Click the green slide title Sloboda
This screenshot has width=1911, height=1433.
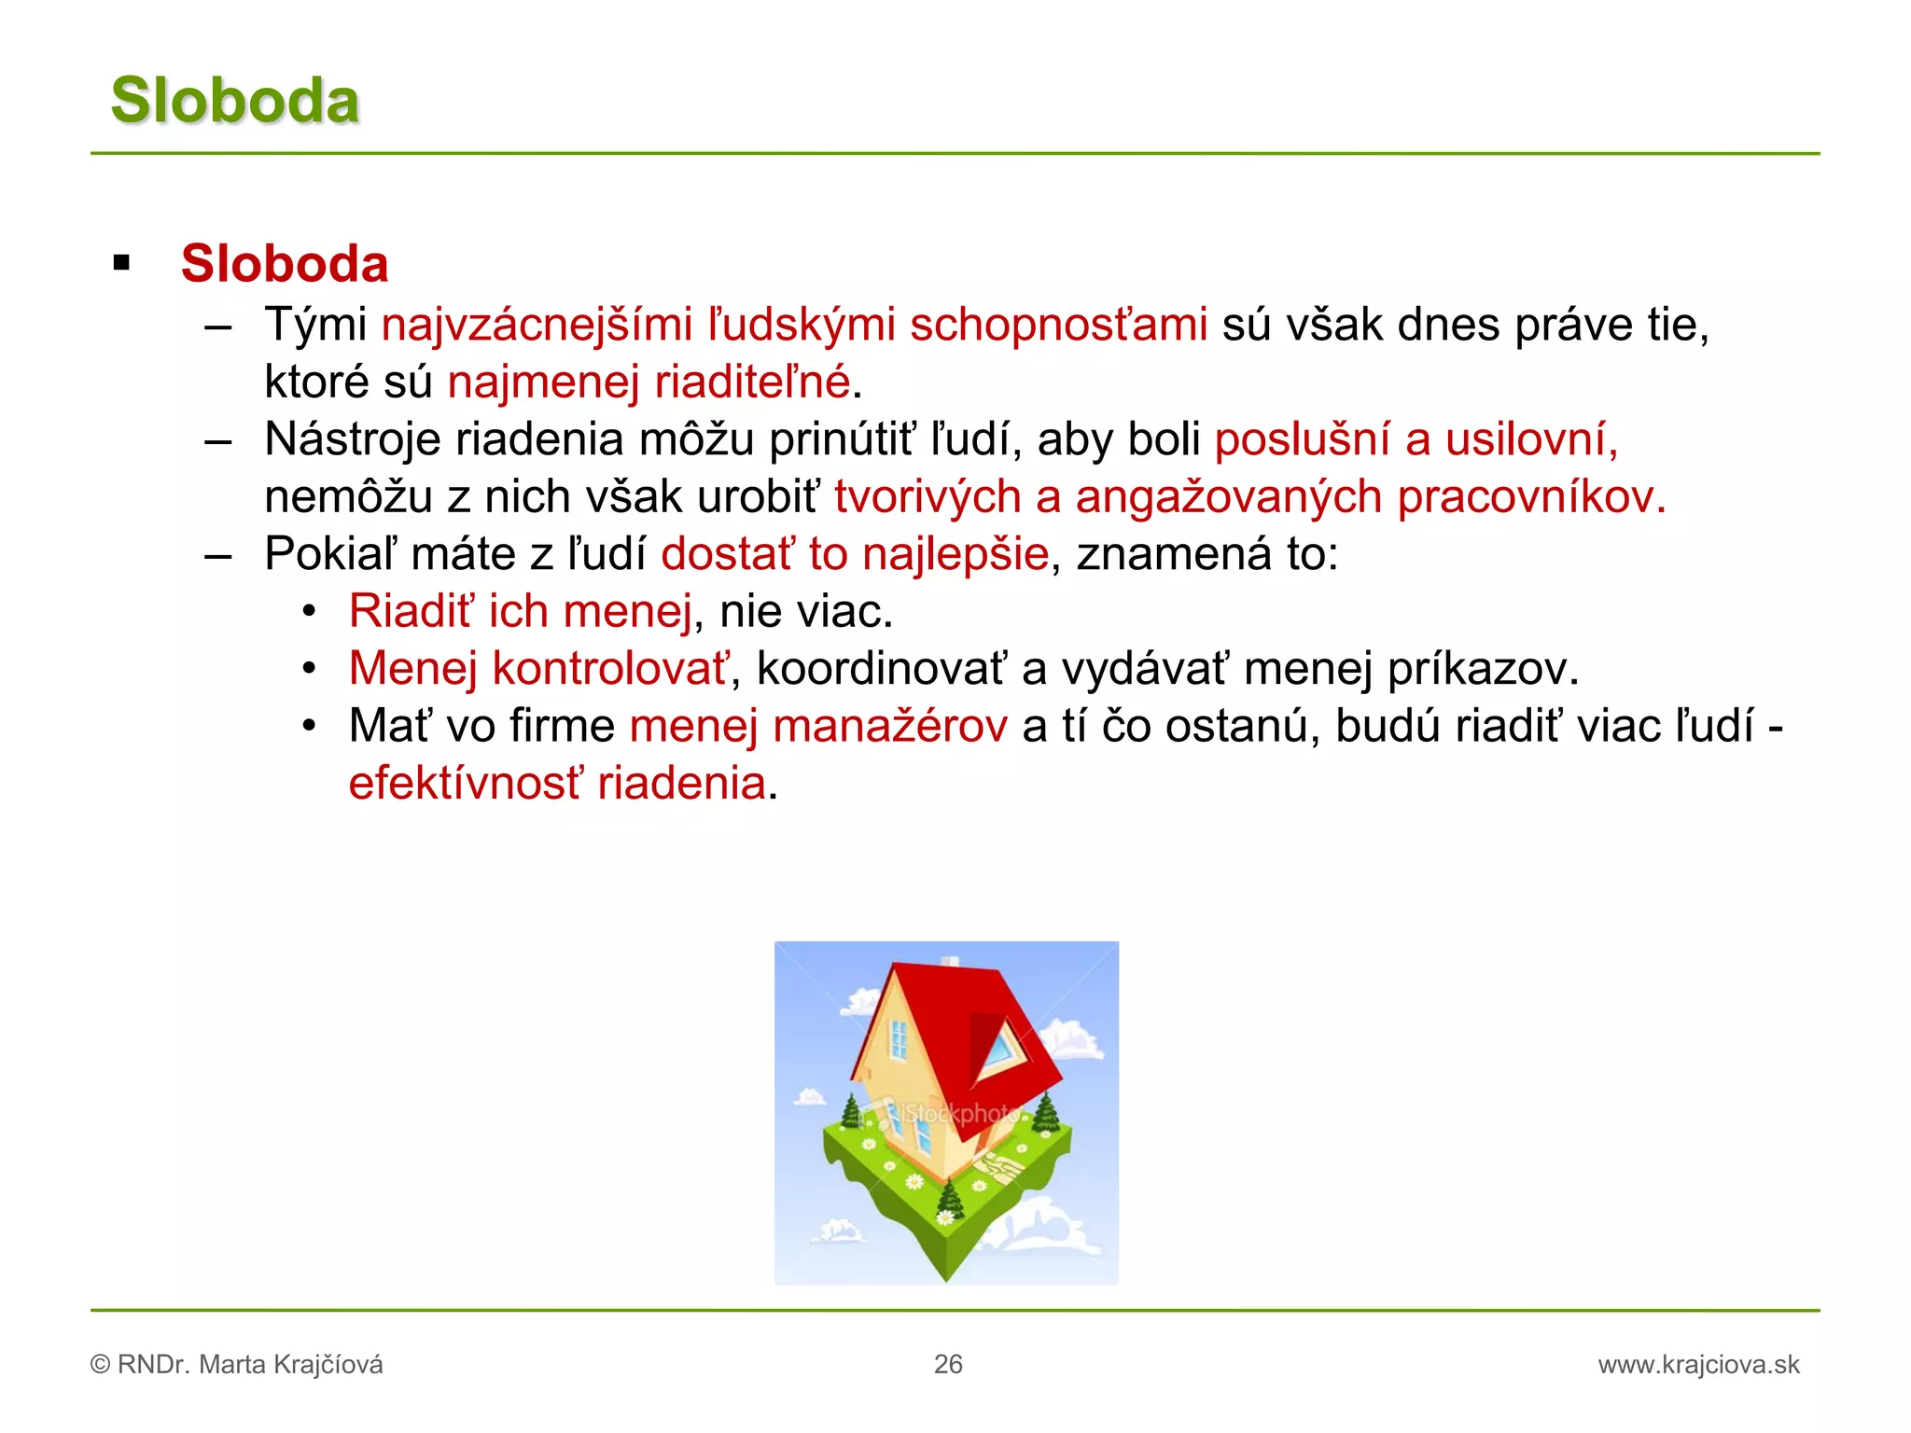[234, 100]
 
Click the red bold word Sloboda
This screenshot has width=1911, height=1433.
[285, 263]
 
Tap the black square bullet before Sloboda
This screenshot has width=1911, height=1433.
[121, 263]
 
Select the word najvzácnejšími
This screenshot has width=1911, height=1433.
[537, 325]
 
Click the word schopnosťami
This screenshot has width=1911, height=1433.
[1058, 325]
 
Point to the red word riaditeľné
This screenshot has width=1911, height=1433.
[752, 382]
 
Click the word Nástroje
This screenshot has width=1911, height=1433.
[352, 438]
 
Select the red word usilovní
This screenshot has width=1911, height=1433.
[1530, 438]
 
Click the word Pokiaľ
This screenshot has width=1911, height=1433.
[330, 553]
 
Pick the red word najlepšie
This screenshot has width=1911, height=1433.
[955, 553]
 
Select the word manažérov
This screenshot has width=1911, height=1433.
[891, 726]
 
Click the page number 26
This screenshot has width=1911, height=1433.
[948, 1364]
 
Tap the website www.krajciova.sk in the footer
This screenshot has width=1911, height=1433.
[1698, 1365]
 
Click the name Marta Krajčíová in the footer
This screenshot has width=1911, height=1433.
[291, 1365]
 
